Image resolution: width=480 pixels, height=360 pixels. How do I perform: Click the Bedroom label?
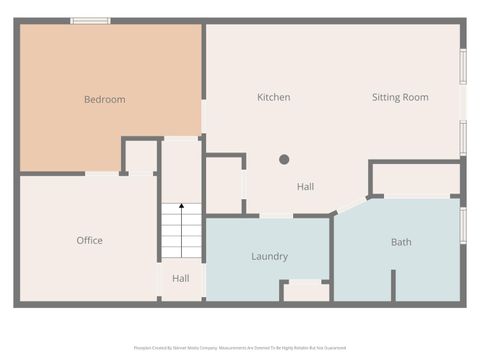click(104, 99)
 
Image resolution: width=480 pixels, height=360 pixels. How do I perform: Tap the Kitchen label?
click(273, 97)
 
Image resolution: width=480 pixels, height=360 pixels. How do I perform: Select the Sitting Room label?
click(400, 97)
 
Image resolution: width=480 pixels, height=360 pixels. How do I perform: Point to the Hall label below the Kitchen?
click(305, 187)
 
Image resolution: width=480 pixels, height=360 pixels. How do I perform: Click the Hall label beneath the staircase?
click(180, 278)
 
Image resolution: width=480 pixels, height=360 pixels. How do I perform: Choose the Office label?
click(89, 240)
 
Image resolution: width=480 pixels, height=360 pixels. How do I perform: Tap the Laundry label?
click(269, 256)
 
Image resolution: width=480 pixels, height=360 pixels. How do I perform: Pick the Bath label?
click(401, 241)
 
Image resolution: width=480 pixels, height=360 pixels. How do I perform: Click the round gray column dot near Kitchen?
click(284, 159)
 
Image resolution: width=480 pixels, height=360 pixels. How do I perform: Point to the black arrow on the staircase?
click(181, 206)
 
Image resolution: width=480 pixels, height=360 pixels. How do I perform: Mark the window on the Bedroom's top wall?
click(90, 20)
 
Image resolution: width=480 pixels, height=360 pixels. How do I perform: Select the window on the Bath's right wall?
click(463, 224)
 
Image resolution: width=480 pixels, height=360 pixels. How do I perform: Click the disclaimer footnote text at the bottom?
click(240, 348)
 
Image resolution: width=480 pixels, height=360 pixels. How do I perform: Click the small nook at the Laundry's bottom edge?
click(305, 291)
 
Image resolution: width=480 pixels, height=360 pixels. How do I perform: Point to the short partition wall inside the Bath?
click(393, 285)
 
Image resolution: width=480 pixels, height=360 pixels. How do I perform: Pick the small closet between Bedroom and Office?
click(141, 157)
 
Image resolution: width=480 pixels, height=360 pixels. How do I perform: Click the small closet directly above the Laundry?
click(224, 184)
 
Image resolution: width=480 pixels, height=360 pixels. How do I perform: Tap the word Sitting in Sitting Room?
click(387, 97)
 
